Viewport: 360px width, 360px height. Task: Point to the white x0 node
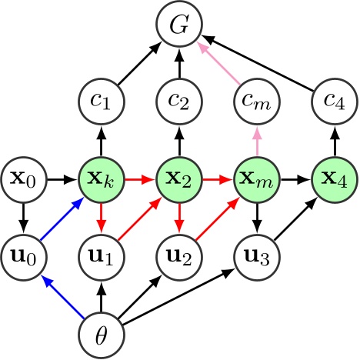[x=24, y=181]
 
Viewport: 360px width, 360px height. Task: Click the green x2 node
[x=179, y=181]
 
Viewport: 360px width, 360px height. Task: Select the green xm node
[x=257, y=181]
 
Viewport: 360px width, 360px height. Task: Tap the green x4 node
[x=335, y=181]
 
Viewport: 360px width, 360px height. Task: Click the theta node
[x=102, y=336]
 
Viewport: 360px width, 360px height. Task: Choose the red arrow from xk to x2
[x=140, y=181]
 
